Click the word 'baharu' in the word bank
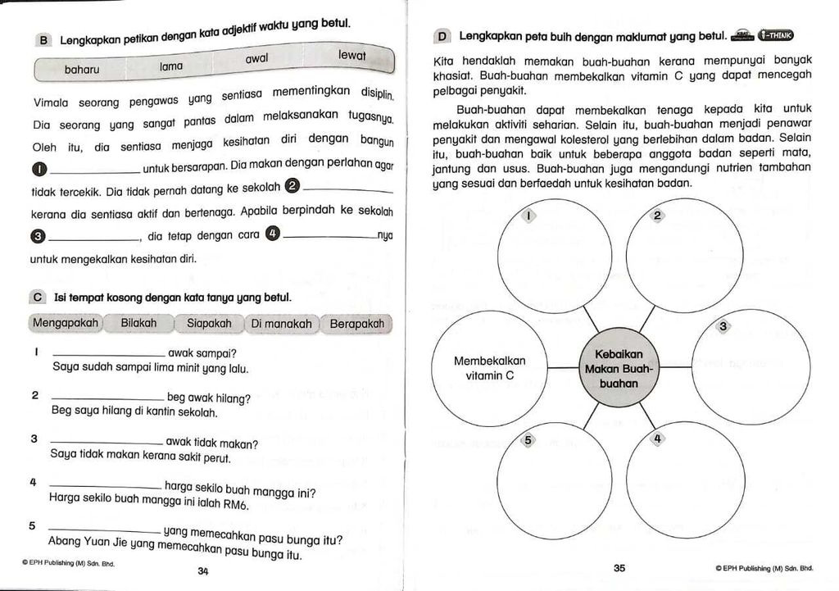pyautogui.click(x=82, y=70)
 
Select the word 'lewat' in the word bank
pyautogui.click(x=351, y=55)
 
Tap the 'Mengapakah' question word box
pyautogui.click(x=66, y=323)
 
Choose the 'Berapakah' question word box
pyautogui.click(x=356, y=324)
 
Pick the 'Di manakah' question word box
pyautogui.click(x=282, y=324)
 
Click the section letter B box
pyautogui.click(x=44, y=40)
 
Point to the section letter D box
pyautogui.click(x=442, y=37)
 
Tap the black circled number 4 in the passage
pyautogui.click(x=273, y=234)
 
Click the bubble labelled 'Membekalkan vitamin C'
pyautogui.click(x=490, y=368)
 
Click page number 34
pyautogui.click(x=203, y=571)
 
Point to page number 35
pyautogui.click(x=619, y=567)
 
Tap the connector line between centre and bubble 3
pyautogui.click(x=675, y=367)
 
